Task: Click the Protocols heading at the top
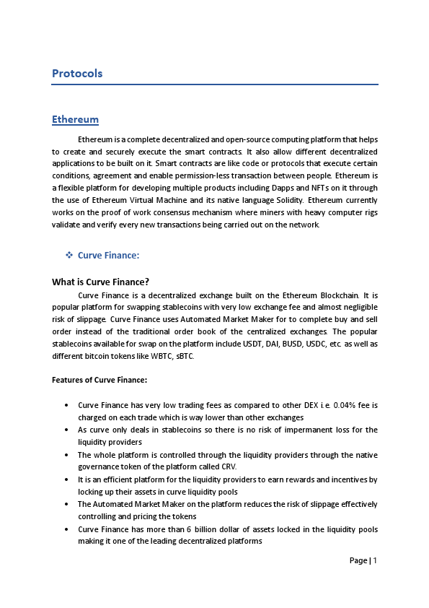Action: click(77, 74)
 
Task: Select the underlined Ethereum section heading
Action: click(75, 119)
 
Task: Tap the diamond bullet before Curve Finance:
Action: click(69, 256)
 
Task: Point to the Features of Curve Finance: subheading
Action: click(99, 380)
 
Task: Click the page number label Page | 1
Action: click(363, 560)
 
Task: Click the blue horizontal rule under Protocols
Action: click(215, 84)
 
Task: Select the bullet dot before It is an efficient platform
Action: click(66, 479)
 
